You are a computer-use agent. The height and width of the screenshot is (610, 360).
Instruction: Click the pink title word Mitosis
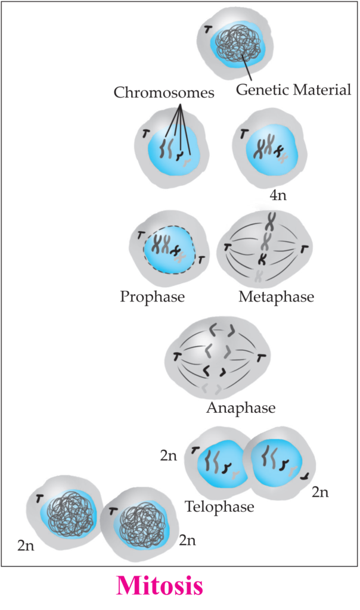pyautogui.click(x=160, y=586)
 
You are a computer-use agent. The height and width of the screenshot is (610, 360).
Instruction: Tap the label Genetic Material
pyautogui.click(x=293, y=90)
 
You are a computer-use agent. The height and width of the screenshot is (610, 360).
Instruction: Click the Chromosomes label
pyautogui.click(x=164, y=92)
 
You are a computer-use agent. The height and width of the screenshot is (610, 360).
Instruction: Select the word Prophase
pyautogui.click(x=152, y=297)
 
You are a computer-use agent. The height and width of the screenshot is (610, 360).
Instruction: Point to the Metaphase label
pyautogui.click(x=277, y=297)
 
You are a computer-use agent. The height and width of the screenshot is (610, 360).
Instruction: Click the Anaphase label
pyautogui.click(x=241, y=407)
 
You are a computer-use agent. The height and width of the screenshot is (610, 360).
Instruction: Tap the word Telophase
pyautogui.click(x=219, y=506)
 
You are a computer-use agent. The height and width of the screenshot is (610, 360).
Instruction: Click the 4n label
pyautogui.click(x=278, y=195)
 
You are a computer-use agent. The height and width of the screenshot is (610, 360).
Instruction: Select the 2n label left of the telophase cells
pyautogui.click(x=168, y=456)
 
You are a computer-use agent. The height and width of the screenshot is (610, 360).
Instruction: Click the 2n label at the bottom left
pyautogui.click(x=26, y=546)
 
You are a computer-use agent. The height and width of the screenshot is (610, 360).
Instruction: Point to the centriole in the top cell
pyautogui.click(x=208, y=29)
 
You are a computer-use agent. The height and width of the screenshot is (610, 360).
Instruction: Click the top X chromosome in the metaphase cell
pyautogui.click(x=270, y=220)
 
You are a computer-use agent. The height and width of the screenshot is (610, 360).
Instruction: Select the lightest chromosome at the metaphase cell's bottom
pyautogui.click(x=259, y=275)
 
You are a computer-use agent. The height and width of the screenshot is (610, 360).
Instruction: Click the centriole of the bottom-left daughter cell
pyautogui.click(x=39, y=499)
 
